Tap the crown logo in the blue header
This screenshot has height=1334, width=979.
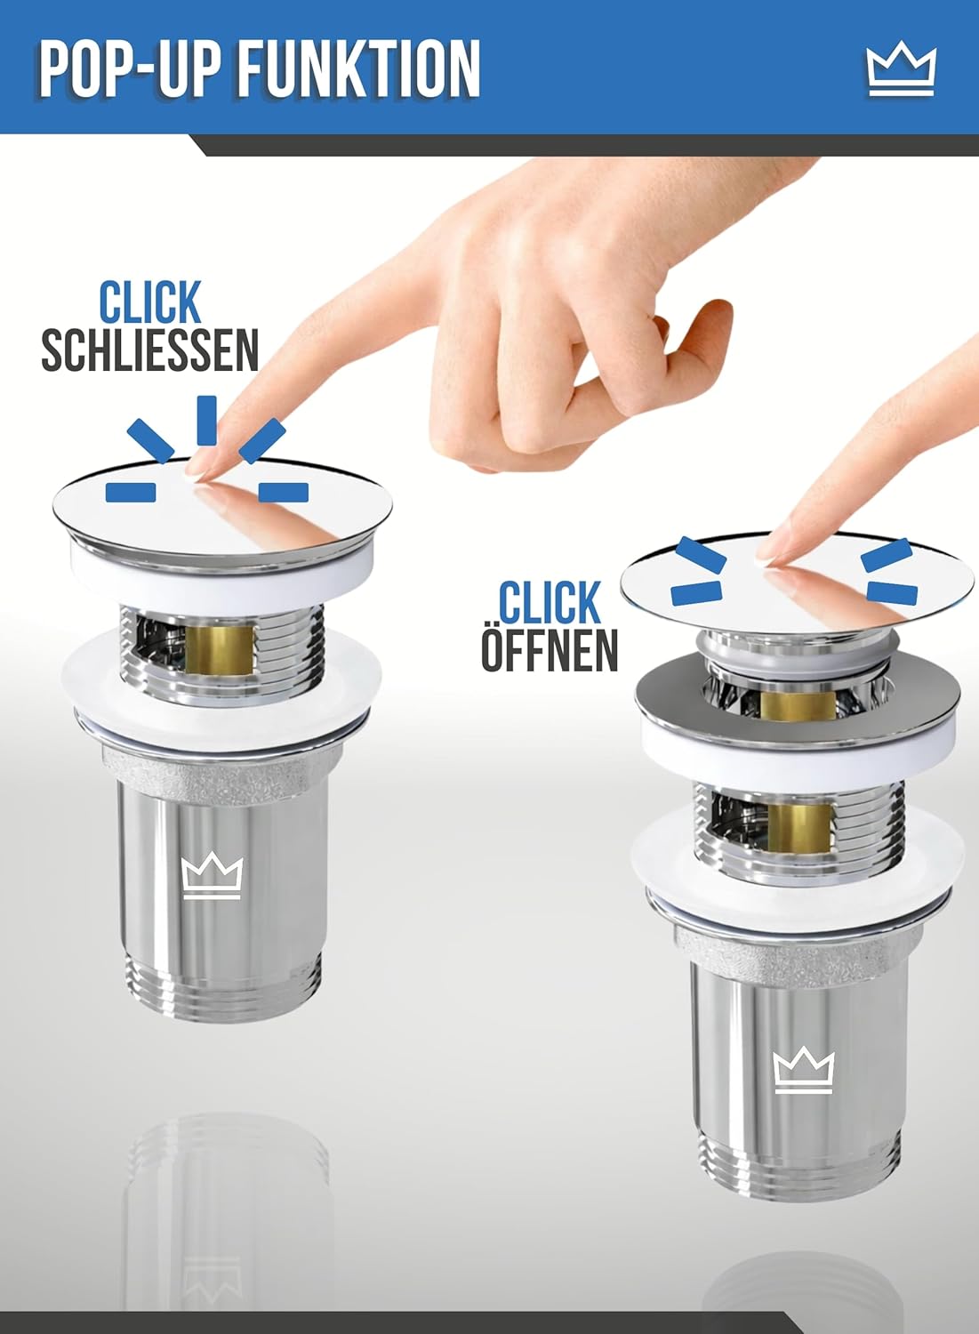(x=901, y=71)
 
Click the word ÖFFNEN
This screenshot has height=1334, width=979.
(x=549, y=650)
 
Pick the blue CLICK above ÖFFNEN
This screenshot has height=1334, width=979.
(x=549, y=603)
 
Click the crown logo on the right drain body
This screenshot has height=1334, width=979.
(x=803, y=1070)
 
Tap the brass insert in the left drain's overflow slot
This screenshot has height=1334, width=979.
(x=220, y=650)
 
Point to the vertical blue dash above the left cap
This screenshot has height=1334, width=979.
(x=206, y=420)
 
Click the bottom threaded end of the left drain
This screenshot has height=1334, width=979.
(x=224, y=984)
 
